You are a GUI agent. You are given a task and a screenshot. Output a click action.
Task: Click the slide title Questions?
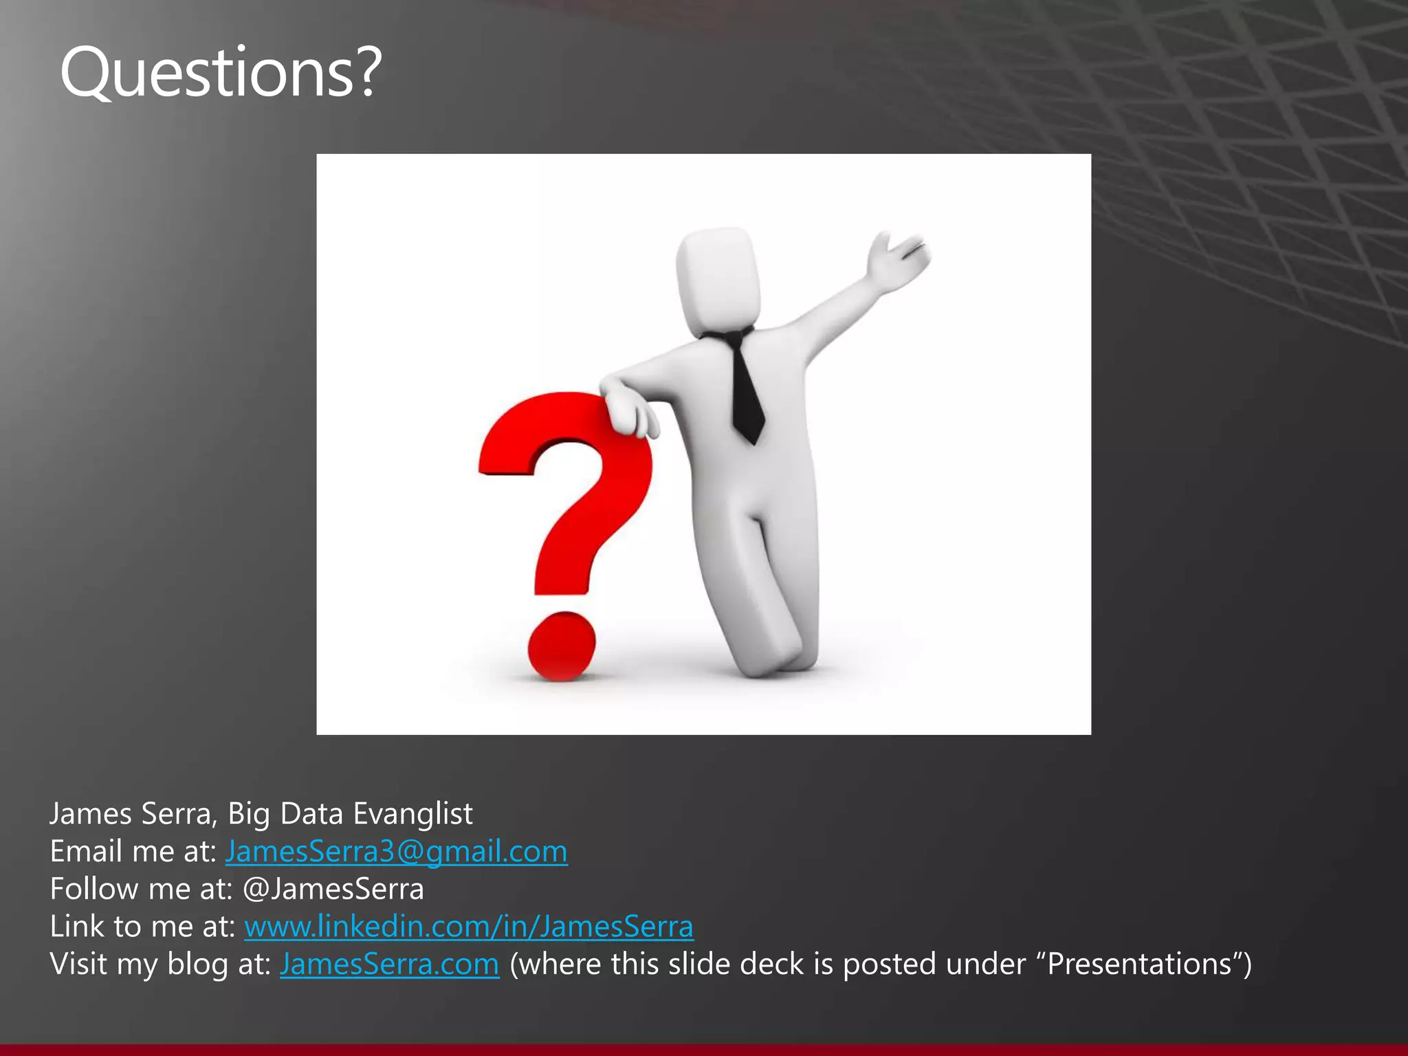pos(220,72)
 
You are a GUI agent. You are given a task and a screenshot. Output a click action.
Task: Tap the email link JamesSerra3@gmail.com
pos(396,852)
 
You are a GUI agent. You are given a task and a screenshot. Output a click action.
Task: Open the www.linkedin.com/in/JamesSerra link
pos(469,927)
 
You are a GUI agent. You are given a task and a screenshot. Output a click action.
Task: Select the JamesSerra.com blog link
pos(389,965)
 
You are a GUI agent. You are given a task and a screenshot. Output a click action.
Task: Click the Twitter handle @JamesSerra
pos(333,890)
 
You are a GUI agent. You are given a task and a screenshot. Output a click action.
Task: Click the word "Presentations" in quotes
pos(1138,965)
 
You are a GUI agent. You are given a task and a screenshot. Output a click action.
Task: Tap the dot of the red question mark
pos(561,646)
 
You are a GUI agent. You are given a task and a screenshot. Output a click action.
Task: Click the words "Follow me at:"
pos(141,890)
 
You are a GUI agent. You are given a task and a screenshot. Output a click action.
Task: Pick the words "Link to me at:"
pos(142,927)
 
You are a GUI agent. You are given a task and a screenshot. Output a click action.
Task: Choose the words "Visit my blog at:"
pos(160,965)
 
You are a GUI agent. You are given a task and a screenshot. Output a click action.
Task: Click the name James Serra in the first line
pos(130,814)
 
